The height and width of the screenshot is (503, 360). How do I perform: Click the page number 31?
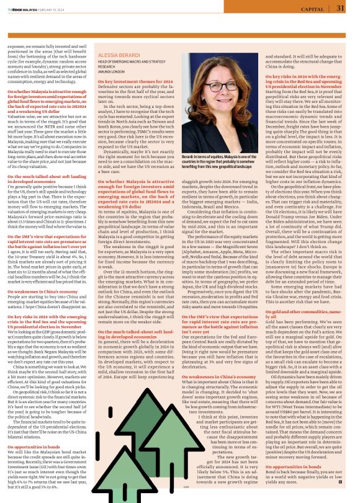tap(340, 8)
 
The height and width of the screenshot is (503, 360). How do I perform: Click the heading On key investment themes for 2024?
tap(132, 81)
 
